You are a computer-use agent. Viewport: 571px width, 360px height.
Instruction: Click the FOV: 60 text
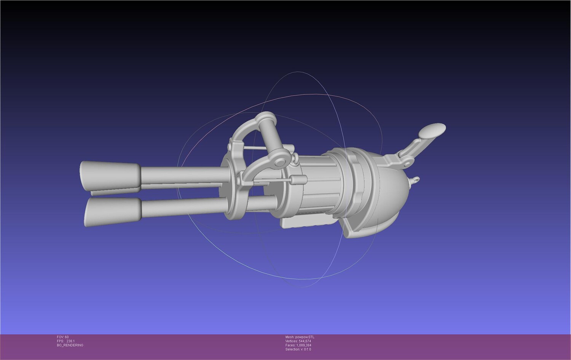pyautogui.click(x=62, y=337)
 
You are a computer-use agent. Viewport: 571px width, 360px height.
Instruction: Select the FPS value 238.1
pyautogui.click(x=70, y=341)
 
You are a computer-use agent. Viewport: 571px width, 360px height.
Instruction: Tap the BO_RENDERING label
pyautogui.click(x=70, y=345)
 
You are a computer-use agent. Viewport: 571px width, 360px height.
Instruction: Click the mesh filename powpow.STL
pyautogui.click(x=305, y=337)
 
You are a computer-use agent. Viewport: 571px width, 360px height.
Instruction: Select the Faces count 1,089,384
pyautogui.click(x=304, y=345)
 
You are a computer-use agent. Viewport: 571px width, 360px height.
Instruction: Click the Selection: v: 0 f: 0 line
pyautogui.click(x=298, y=349)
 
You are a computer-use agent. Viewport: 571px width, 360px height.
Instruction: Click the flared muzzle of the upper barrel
pyautogui.click(x=110, y=175)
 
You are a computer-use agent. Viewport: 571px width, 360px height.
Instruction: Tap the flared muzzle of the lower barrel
pyautogui.click(x=113, y=211)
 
